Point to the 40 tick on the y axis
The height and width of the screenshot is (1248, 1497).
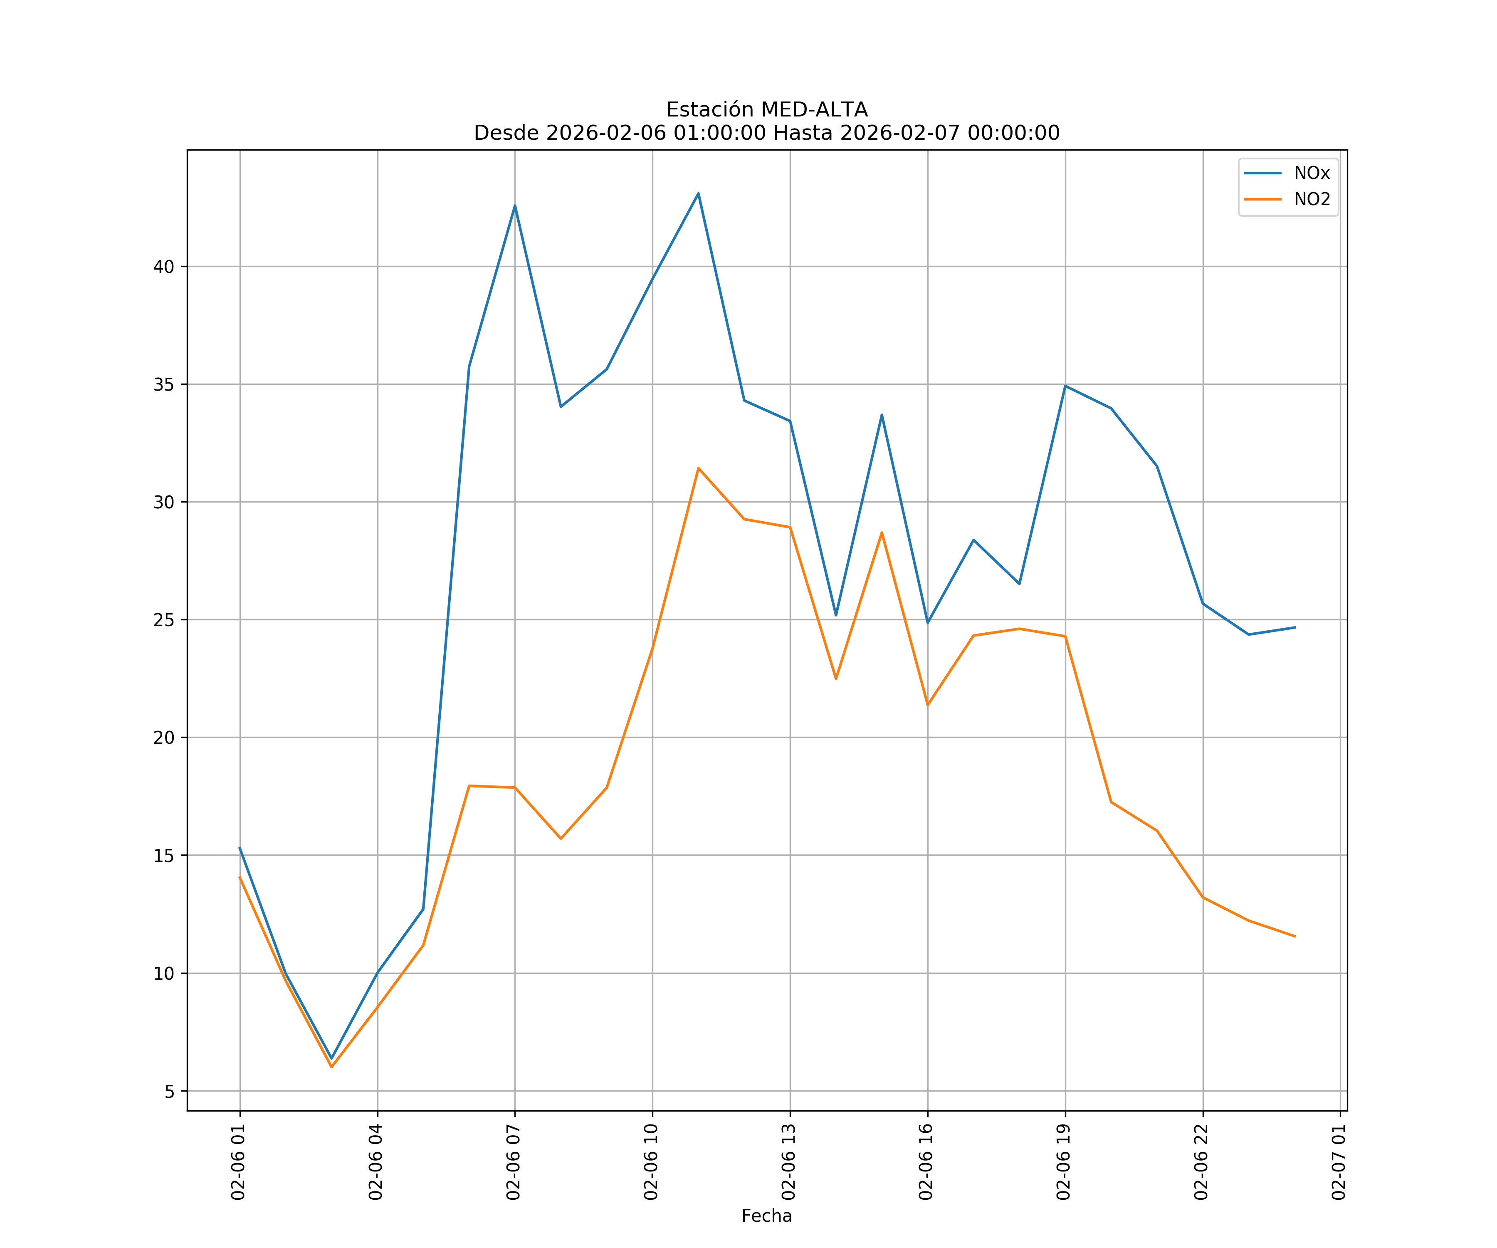click(164, 267)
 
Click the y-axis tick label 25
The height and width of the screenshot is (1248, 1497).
click(164, 620)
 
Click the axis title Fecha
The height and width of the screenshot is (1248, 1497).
click(766, 1216)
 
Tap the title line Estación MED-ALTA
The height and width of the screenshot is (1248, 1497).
click(766, 110)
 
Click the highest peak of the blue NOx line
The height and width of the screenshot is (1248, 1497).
click(698, 193)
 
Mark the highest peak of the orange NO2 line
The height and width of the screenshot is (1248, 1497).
click(698, 468)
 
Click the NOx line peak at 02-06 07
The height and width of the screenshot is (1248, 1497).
click(515, 206)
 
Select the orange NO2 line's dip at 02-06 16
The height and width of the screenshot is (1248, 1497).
click(927, 705)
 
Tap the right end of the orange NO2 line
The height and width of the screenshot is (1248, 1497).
click(1294, 936)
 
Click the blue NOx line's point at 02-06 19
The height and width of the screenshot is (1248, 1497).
click(1065, 386)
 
